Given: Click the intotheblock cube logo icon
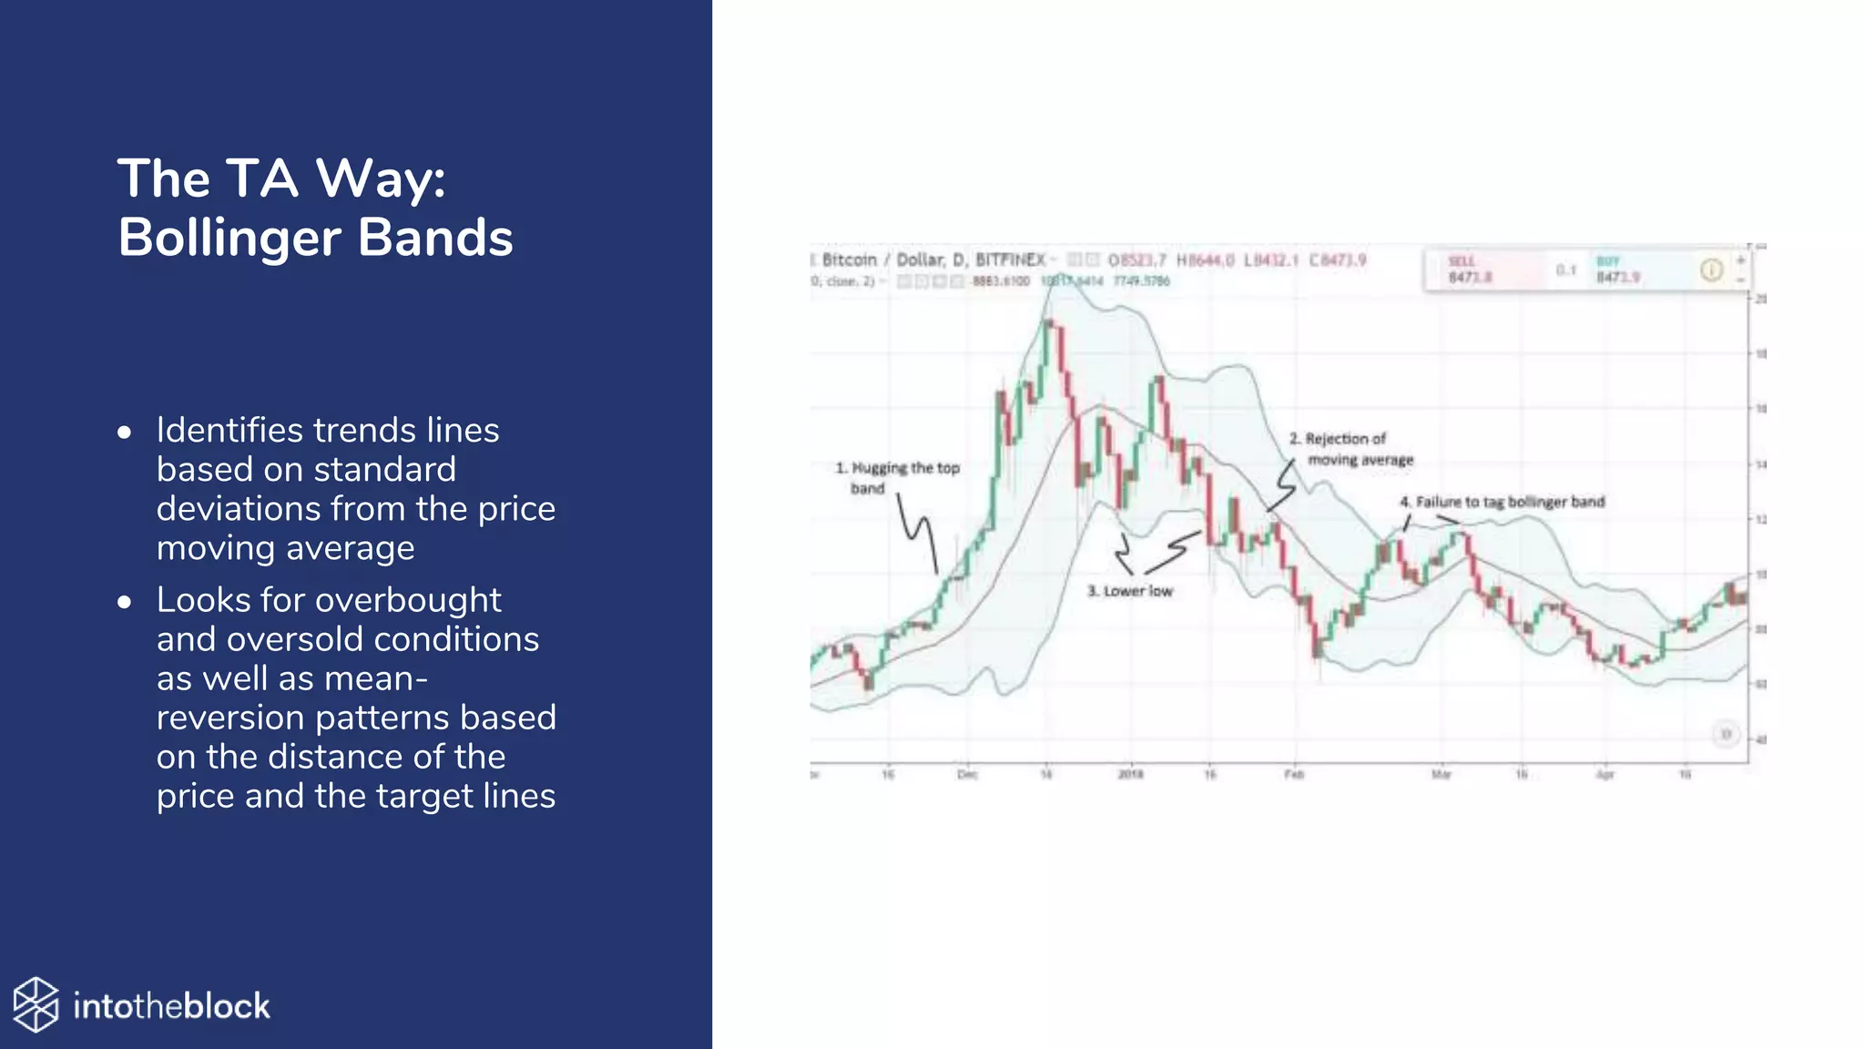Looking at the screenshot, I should (x=36, y=1005).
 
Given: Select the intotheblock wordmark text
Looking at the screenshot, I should (x=171, y=1006).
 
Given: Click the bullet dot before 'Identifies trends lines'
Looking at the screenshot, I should (x=125, y=433).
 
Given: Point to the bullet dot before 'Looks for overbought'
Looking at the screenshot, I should (x=125, y=602).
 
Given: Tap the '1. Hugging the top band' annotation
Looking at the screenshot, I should (x=897, y=478).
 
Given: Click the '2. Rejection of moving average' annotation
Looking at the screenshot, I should (x=1350, y=449).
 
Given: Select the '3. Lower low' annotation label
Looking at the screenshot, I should (x=1130, y=591).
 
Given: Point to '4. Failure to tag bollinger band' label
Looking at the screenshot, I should (x=1503, y=502).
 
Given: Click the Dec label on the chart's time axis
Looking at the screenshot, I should (x=967, y=775).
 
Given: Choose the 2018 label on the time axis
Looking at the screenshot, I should (x=1130, y=775).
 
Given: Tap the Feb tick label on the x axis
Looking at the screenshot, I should (x=1294, y=775).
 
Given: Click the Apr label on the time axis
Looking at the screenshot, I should (x=1605, y=775).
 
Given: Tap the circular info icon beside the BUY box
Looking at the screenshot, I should (x=1711, y=270).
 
